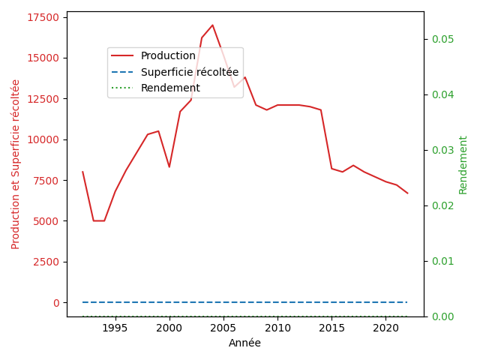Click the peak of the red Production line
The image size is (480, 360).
[x=212, y=25]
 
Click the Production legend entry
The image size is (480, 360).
[x=168, y=56]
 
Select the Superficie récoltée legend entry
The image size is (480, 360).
[x=189, y=72]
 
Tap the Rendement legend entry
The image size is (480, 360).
[x=170, y=88]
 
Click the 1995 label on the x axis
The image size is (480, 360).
[x=115, y=328]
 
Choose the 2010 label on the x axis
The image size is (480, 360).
[x=277, y=328]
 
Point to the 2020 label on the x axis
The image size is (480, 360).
[x=385, y=328]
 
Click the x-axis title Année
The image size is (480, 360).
[x=244, y=343]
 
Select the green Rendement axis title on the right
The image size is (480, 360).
[x=463, y=164]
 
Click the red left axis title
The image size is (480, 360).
[x=16, y=164]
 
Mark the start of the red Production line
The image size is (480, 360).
[x=83, y=172]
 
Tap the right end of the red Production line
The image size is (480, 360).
[x=407, y=193]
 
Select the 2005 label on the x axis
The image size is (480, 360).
[x=223, y=328]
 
